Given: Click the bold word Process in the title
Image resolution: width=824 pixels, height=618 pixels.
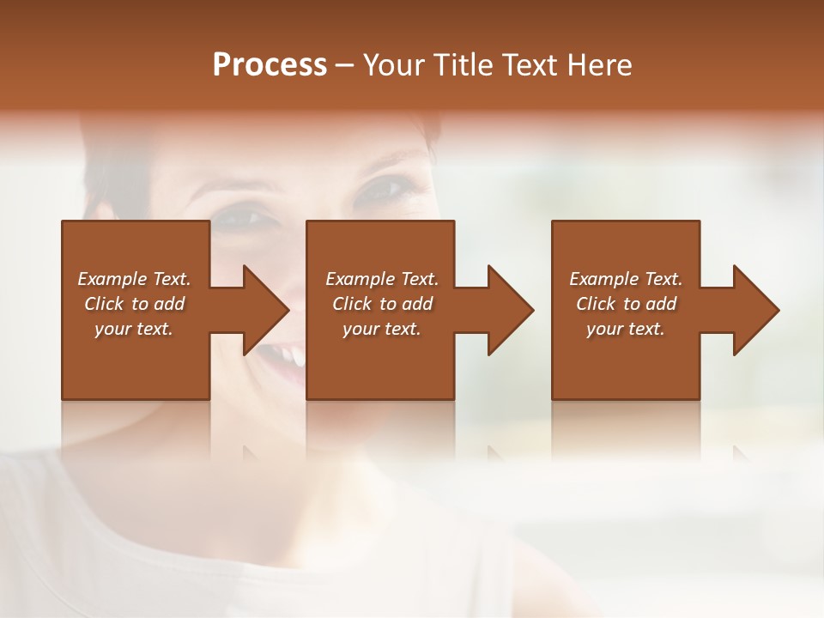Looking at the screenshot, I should coord(270,65).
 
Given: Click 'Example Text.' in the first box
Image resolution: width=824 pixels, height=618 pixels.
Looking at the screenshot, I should coord(134,279).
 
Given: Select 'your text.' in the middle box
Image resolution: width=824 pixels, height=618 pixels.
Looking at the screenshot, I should coord(381,329).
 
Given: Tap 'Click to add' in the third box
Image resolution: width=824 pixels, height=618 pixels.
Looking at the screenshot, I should coord(626,304).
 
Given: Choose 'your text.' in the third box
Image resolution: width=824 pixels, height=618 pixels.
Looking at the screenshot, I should coord(625,329).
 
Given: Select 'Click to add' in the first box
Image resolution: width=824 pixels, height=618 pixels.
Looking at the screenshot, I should coord(134,304).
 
